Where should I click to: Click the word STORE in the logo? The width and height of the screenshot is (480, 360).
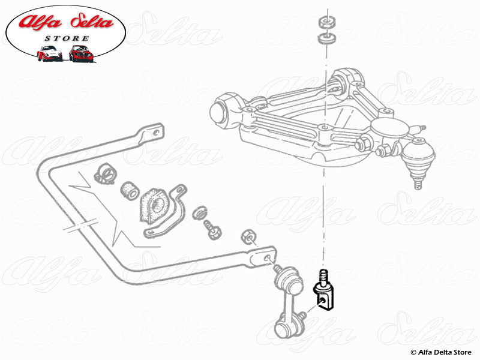pos(67,38)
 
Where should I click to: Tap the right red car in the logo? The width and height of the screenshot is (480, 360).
pos(80,54)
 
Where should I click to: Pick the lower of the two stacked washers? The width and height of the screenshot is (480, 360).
pos(326,40)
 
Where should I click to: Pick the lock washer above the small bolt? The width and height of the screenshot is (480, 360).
pos(200,213)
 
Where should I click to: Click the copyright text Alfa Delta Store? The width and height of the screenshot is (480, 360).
pos(442,352)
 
